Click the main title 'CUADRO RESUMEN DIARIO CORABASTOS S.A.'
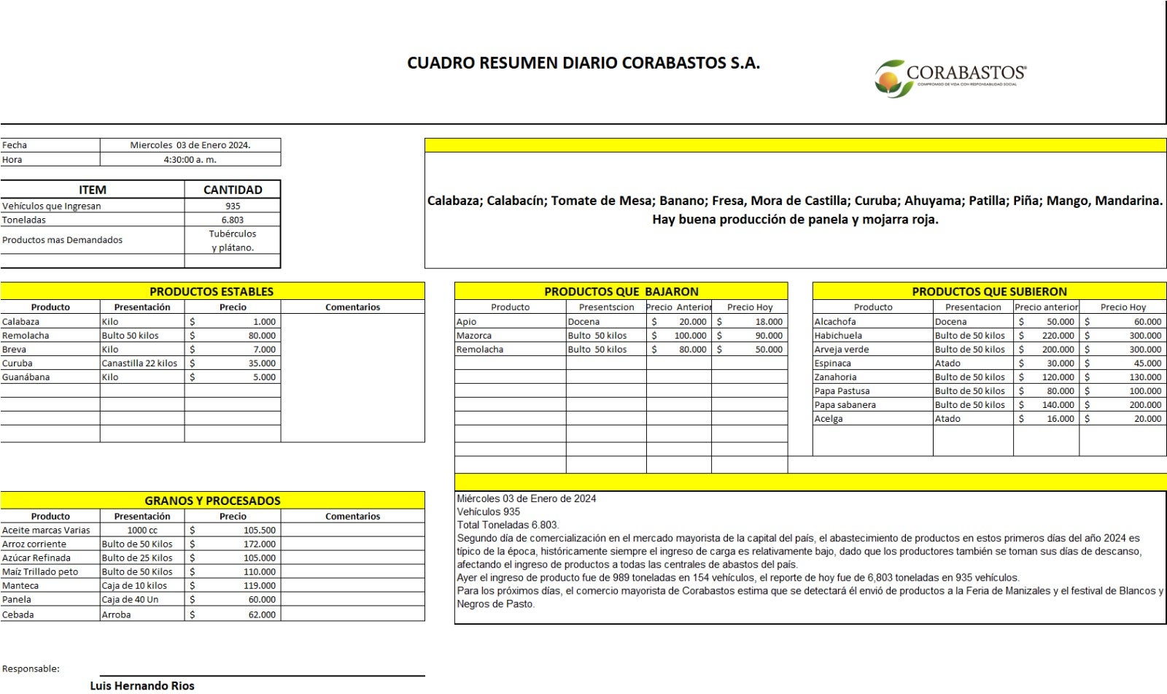(x=583, y=63)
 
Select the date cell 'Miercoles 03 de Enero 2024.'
(x=190, y=145)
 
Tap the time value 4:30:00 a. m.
(x=190, y=160)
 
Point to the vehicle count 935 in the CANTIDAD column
(x=233, y=207)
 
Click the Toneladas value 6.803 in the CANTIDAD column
(x=233, y=220)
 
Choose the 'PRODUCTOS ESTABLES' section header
(x=212, y=292)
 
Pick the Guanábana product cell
(x=21, y=377)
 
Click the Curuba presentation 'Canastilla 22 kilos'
(x=139, y=363)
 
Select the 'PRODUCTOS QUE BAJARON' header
(x=621, y=292)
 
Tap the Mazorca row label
(x=474, y=336)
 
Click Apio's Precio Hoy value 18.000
(x=769, y=322)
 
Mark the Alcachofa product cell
(x=835, y=322)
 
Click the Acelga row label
(x=829, y=419)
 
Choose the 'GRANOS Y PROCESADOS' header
(x=212, y=501)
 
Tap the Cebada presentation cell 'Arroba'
(x=117, y=615)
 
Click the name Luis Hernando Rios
(x=142, y=686)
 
